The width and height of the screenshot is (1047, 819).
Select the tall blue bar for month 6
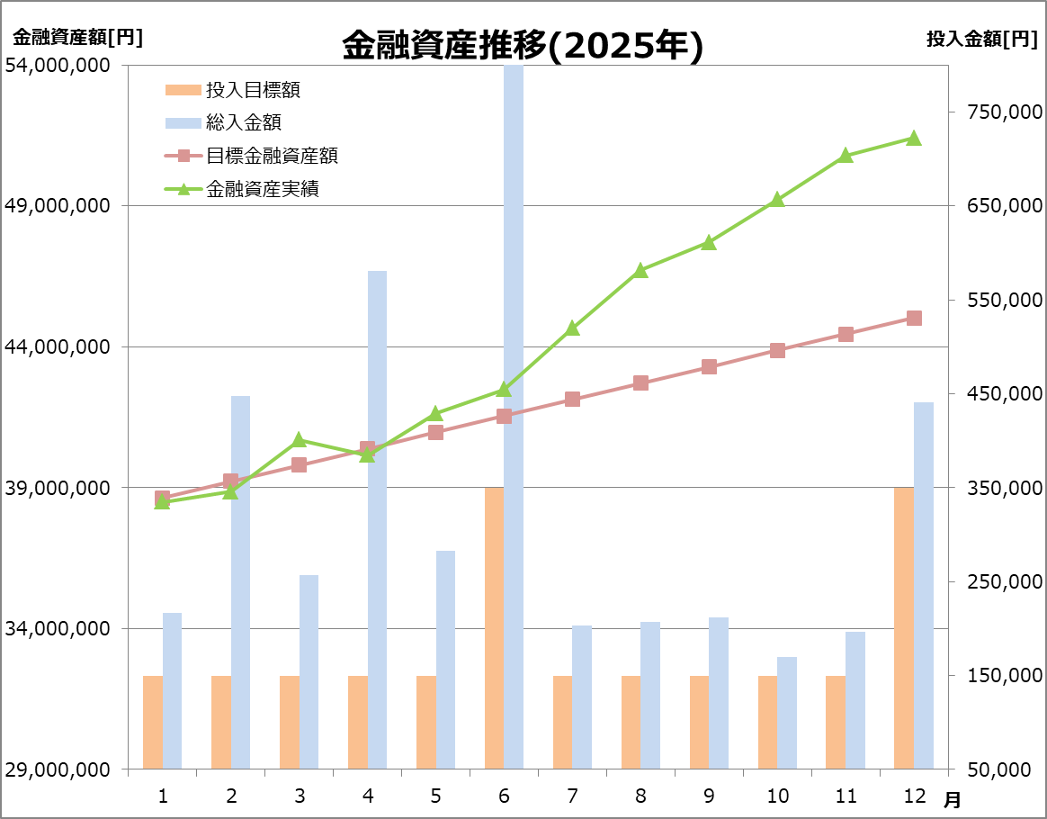(513, 414)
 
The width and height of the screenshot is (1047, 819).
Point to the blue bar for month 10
(787, 713)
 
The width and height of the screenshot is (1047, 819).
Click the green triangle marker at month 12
(914, 138)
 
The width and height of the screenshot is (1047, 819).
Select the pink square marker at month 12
(914, 318)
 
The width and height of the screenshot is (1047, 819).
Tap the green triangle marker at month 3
(300, 440)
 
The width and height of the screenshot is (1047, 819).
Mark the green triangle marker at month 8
(640, 270)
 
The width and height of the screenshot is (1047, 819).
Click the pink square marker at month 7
(572, 399)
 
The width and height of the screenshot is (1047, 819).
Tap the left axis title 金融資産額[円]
(77, 38)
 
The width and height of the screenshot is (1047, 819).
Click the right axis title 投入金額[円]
(981, 38)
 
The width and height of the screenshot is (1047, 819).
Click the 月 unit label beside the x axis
(952, 798)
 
